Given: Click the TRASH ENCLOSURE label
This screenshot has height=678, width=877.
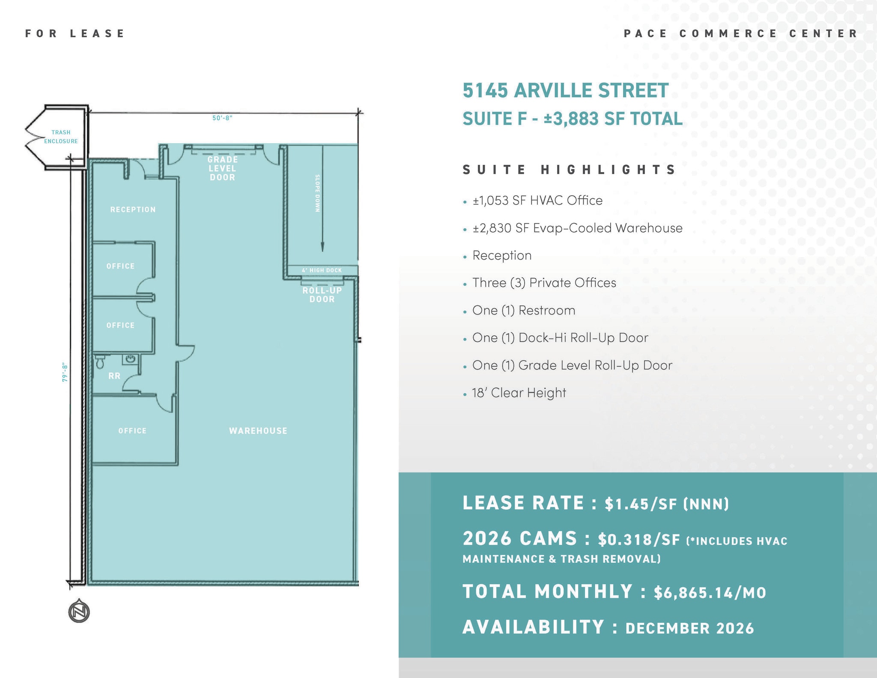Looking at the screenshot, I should (x=61, y=137).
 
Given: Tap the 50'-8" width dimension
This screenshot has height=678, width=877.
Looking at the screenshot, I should (x=222, y=118).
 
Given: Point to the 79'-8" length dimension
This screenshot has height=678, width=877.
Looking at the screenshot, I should (x=65, y=373).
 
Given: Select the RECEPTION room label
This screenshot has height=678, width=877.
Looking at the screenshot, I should (x=133, y=209).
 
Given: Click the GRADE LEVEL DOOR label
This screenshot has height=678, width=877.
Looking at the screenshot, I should (x=222, y=168).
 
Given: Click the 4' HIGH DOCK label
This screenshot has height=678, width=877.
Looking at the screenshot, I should (x=322, y=270).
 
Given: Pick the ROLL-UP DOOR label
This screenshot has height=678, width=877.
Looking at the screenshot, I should (x=322, y=295).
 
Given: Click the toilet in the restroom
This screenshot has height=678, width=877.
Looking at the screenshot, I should (x=100, y=362).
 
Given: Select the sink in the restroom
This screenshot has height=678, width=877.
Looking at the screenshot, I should (x=130, y=359).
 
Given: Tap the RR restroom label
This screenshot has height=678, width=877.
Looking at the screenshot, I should (x=114, y=376).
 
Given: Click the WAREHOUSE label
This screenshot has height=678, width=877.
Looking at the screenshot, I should (x=258, y=431).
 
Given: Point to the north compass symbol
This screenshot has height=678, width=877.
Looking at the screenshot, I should (x=79, y=611).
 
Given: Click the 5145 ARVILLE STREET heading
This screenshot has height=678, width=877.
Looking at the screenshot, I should (x=565, y=91).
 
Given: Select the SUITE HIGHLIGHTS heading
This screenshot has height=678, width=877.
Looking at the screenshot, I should (x=569, y=170).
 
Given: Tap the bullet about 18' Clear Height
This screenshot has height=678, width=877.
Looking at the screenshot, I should (x=519, y=393).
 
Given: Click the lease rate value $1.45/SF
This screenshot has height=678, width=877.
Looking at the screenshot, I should (x=666, y=504).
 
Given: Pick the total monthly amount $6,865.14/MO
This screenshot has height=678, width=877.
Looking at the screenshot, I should (x=710, y=593).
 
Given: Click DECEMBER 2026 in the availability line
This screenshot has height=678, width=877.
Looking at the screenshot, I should (x=689, y=628).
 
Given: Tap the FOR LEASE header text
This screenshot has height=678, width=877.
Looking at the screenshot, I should (x=75, y=33).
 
